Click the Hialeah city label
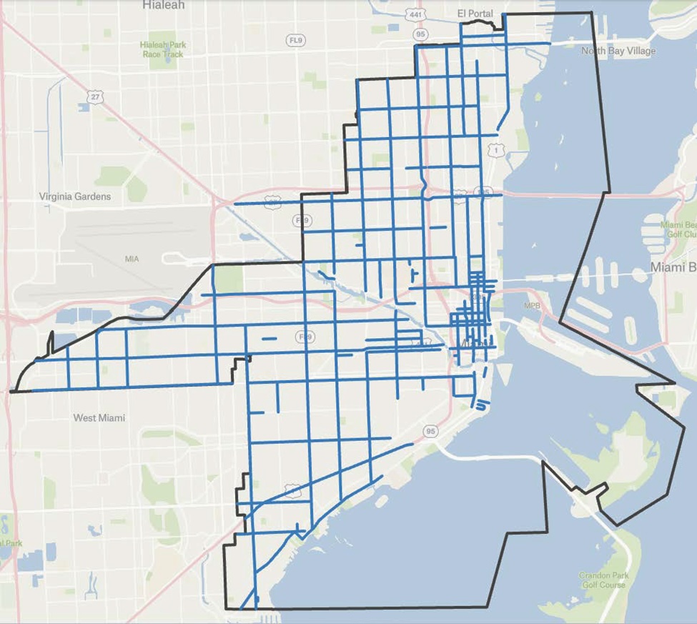coord(163,5)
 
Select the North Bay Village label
coord(618,51)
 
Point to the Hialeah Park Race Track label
coord(164,49)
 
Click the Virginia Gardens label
coord(75,196)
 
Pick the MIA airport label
coord(132,258)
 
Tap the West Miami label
coord(99,417)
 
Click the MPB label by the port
coord(533,306)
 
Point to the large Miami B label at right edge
coord(672,267)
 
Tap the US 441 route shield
coord(415,15)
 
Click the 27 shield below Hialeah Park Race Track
coord(97,96)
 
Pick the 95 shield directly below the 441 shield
coord(420,34)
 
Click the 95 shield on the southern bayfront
coord(430,431)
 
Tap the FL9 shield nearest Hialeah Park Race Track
coord(295,41)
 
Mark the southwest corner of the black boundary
coord(225,608)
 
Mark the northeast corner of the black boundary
coord(593,13)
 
